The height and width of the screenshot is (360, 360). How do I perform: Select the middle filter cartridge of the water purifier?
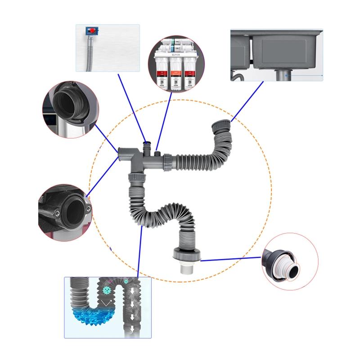176,70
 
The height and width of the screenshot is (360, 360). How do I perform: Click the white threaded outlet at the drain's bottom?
185,270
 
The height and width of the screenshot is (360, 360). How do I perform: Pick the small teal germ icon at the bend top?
126,281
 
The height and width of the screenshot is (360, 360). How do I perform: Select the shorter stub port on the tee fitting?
157,154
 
